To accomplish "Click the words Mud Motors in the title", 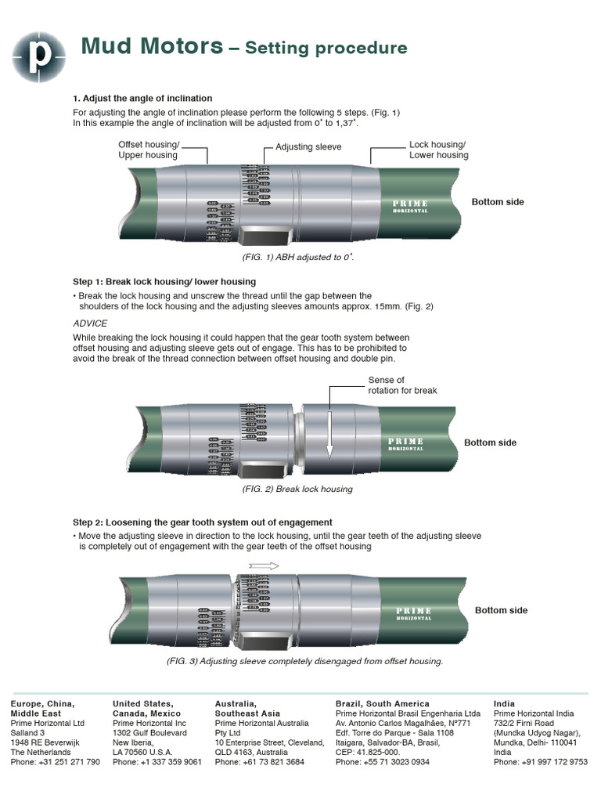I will point(152,47).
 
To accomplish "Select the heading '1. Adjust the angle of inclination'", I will point(142,98).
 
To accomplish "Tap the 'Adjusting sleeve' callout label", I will point(308,147).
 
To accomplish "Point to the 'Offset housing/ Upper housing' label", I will point(149,150).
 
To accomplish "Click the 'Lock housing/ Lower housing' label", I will point(438,150).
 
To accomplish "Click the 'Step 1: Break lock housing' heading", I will point(164,281).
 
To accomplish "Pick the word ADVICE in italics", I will point(90,323).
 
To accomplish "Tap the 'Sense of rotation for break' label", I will point(402,385).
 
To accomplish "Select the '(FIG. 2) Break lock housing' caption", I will point(297,489).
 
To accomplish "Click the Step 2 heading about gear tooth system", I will point(203,522).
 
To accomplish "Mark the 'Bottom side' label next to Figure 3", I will point(501,610).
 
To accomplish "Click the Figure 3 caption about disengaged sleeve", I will point(305,661).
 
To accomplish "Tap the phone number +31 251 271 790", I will point(55,762).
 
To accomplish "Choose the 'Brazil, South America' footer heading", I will point(382,704).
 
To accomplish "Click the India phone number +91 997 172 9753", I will point(540,762).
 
